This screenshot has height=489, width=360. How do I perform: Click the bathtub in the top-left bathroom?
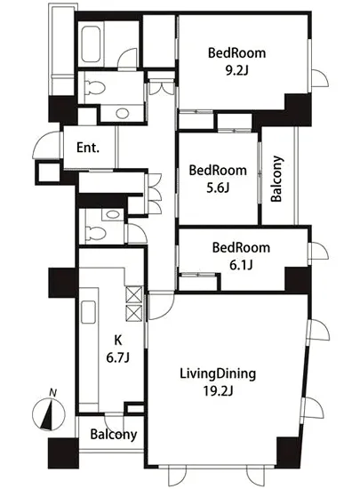coord(91,44)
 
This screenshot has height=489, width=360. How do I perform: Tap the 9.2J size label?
coord(236,71)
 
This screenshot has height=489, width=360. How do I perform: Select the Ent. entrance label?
coord(88,148)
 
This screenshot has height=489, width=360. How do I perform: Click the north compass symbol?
coord(49,414)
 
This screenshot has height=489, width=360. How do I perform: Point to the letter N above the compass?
coord(53,393)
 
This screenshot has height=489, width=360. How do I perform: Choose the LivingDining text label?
coord(218,373)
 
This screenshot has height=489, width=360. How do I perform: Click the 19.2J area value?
coord(218,390)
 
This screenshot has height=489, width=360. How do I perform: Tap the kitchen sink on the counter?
coord(88,312)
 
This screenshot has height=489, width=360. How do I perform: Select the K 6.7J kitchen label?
coord(118,349)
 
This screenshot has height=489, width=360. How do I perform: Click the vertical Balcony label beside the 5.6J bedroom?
coord(276,179)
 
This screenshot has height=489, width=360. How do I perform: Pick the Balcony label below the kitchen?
coord(114,435)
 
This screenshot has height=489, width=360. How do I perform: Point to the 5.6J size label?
coord(218,188)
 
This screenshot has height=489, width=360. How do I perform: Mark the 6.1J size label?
coord(241,266)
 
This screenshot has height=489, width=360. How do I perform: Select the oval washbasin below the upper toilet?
coord(122,113)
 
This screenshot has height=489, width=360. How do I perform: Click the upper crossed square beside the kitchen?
coord(133,294)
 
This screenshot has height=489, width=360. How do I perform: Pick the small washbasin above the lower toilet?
coord(113,214)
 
